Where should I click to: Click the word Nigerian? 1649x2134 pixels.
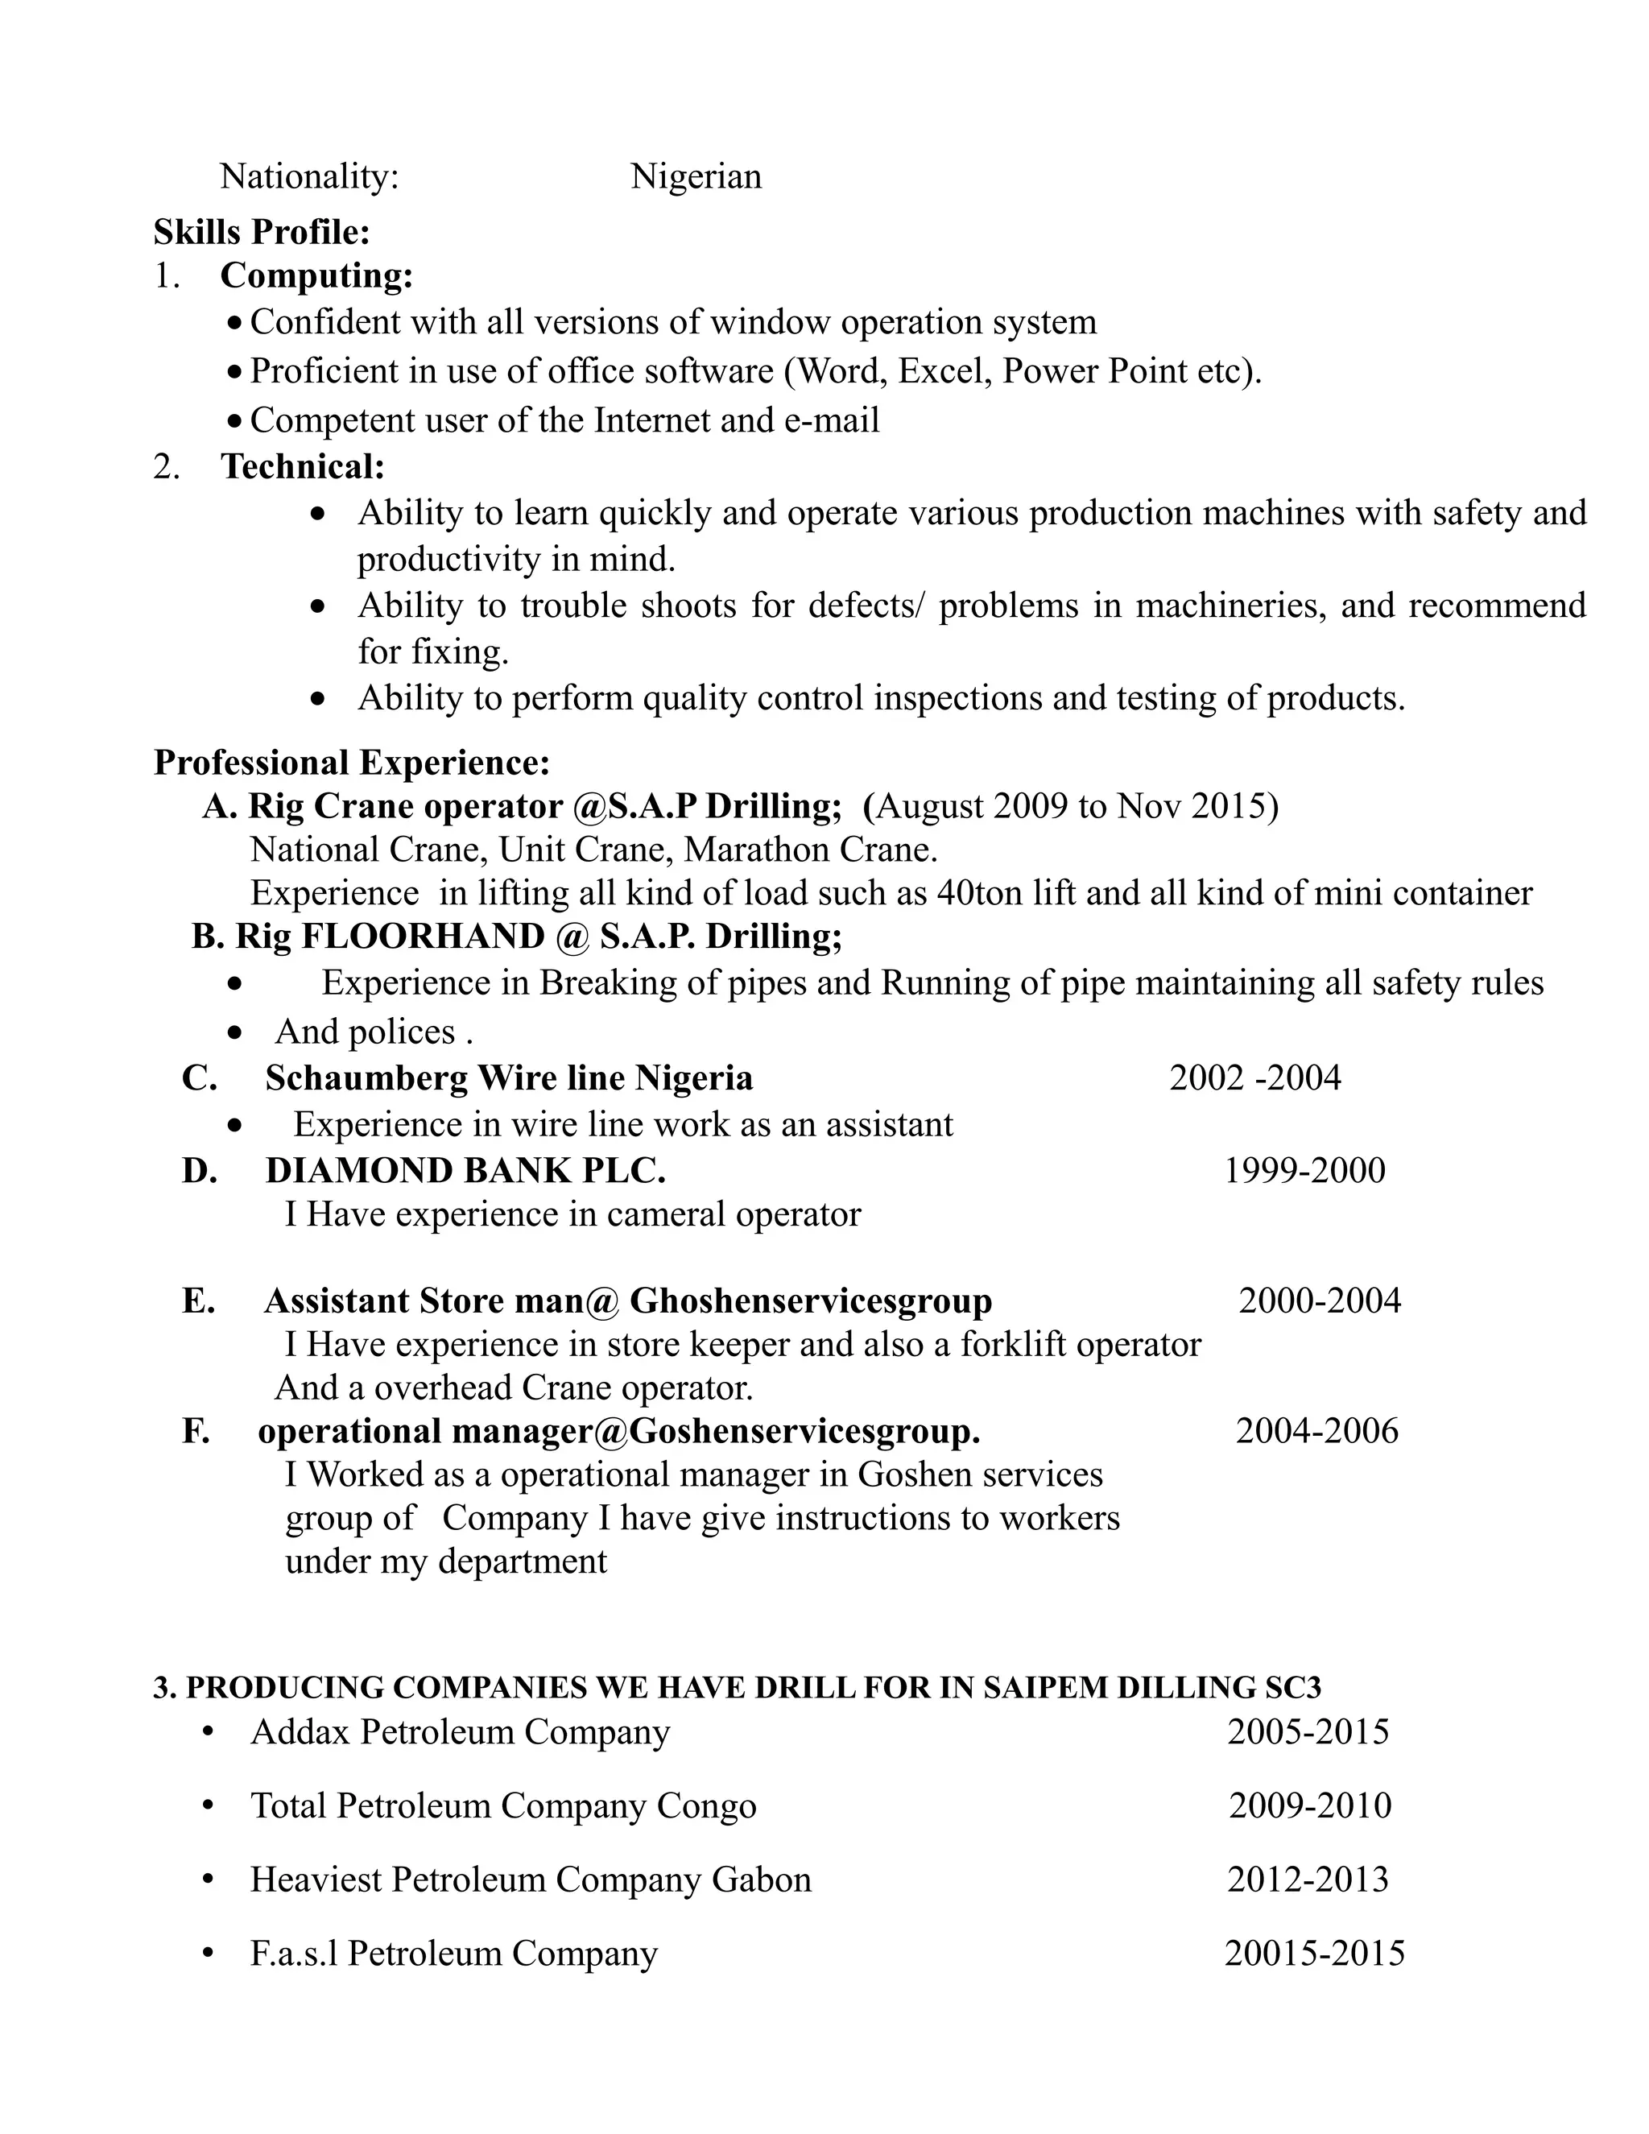coord(696,177)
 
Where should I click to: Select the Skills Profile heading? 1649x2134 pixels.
coord(261,232)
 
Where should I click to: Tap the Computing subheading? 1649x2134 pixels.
coord(316,275)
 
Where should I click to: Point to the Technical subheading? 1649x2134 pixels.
coord(303,466)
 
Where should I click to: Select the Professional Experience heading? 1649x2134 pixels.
coord(352,762)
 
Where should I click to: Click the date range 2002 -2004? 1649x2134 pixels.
coord(1254,1077)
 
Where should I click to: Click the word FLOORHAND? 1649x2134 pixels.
coord(422,936)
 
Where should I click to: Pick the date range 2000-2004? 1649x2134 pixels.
coord(1319,1301)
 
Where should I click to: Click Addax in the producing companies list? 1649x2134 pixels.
coord(300,1731)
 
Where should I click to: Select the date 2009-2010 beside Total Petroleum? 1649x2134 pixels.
coord(1309,1805)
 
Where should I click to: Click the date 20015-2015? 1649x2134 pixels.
coord(1314,1954)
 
